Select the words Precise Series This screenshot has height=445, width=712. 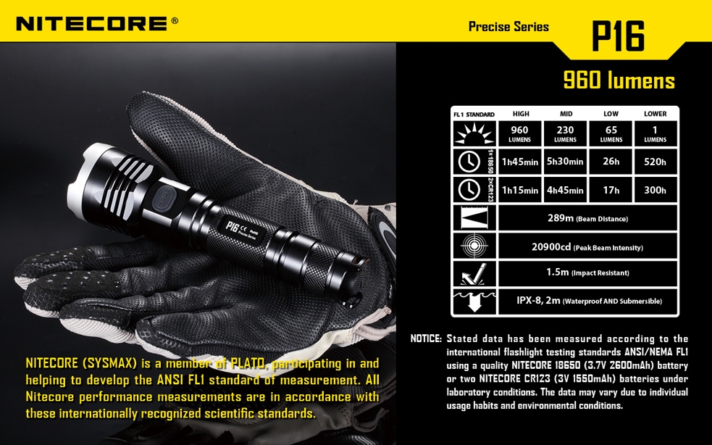(x=508, y=27)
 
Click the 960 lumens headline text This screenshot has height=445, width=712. (x=619, y=80)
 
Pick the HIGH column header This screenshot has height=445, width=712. (x=520, y=114)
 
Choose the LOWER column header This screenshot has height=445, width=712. (x=655, y=114)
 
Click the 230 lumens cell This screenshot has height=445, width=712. (x=565, y=133)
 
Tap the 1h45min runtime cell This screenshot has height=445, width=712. (x=520, y=162)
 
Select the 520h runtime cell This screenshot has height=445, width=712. (x=655, y=162)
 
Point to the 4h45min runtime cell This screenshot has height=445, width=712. (x=565, y=190)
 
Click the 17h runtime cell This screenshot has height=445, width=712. (x=611, y=190)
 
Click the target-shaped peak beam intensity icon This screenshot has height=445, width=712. (x=474, y=246)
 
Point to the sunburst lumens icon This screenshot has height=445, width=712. (x=474, y=133)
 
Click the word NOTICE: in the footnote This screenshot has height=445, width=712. (x=426, y=338)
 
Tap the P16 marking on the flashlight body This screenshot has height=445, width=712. (x=233, y=228)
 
